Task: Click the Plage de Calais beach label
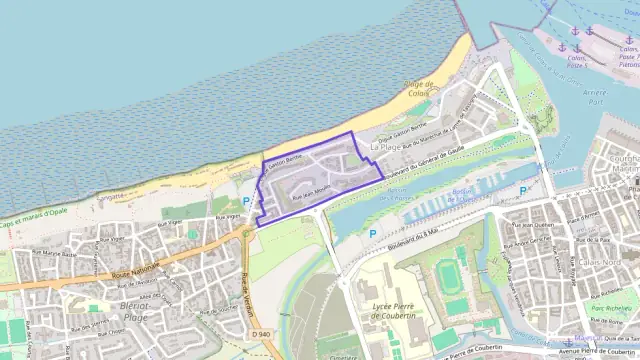pyautogui.click(x=417, y=89)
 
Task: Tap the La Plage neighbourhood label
pyautogui.click(x=386, y=146)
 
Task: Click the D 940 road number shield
pyautogui.click(x=261, y=333)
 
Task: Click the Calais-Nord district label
pyautogui.click(x=598, y=262)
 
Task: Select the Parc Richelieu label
pyautogui.click(x=611, y=308)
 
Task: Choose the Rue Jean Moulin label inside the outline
pyautogui.click(x=310, y=194)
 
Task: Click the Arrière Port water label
pyautogui.click(x=597, y=95)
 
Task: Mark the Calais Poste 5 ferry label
pyautogui.click(x=577, y=62)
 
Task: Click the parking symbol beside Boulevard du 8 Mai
pyautogui.click(x=373, y=233)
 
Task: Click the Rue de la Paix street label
pyautogui.click(x=597, y=240)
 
